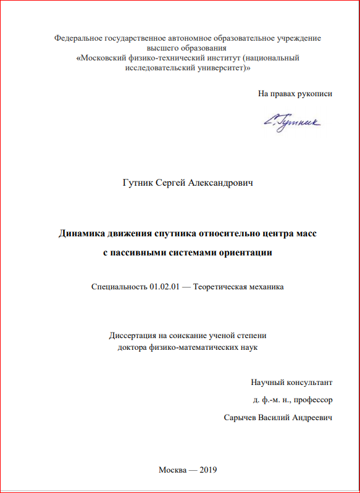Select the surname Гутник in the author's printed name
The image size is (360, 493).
[138, 183]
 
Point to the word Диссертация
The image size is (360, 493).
[134, 336]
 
